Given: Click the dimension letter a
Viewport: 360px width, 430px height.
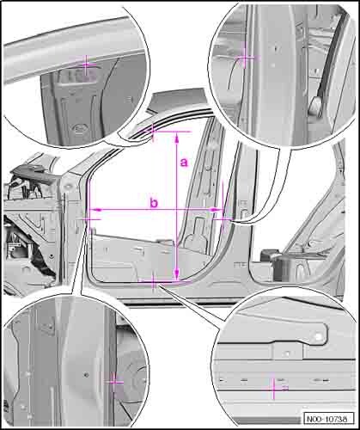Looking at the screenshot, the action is click(184, 163).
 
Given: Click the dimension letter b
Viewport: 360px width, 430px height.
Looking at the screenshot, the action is click(154, 202).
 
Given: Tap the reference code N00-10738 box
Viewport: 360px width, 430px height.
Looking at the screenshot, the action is click(327, 418).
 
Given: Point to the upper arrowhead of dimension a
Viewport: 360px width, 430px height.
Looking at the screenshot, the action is click(177, 138).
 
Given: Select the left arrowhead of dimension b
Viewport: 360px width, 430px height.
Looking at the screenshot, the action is click(95, 210).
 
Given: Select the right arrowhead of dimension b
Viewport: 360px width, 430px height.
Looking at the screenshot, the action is click(217, 210).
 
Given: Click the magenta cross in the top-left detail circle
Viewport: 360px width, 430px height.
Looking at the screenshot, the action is click(87, 64).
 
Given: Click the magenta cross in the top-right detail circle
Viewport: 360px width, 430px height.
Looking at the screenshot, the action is click(245, 57).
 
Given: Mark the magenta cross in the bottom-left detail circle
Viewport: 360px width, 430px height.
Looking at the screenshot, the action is click(114, 382).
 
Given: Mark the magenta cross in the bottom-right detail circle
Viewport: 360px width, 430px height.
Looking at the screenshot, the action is click(274, 389).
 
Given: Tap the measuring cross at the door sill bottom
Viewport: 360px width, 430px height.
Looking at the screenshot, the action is click(154, 281).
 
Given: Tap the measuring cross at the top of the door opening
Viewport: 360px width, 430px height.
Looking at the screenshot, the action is click(153, 132).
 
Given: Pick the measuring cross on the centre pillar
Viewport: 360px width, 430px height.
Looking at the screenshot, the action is click(223, 219).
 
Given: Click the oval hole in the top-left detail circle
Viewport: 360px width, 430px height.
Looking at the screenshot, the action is click(78, 127).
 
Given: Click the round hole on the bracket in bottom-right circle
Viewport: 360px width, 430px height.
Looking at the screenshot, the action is click(318, 336).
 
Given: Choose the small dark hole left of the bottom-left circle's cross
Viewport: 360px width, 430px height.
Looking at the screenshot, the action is click(86, 374).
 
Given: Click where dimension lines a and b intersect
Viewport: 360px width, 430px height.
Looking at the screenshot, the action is click(177, 210).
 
